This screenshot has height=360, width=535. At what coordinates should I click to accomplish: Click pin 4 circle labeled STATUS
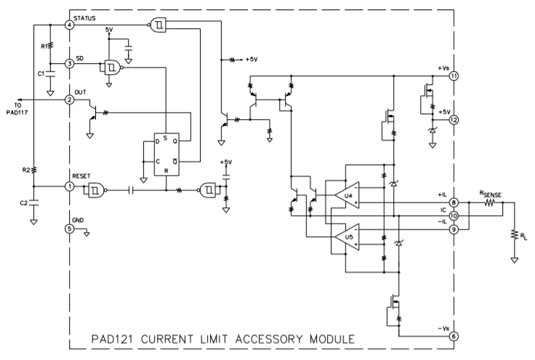click(x=69, y=25)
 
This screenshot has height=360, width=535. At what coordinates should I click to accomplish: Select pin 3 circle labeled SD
click(x=69, y=63)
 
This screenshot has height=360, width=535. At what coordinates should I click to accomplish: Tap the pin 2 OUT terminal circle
click(x=69, y=100)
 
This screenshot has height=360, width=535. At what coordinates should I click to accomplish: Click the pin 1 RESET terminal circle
click(x=69, y=186)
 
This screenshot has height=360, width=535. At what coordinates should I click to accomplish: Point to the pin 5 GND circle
click(x=69, y=228)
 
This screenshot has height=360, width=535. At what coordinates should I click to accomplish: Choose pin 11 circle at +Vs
click(x=454, y=76)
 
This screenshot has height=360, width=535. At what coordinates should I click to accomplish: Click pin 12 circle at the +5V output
click(x=454, y=120)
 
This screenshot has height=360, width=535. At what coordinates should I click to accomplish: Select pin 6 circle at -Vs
click(x=454, y=336)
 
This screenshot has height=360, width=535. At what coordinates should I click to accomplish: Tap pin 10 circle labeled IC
click(x=454, y=216)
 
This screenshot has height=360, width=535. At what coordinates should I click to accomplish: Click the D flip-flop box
click(x=166, y=154)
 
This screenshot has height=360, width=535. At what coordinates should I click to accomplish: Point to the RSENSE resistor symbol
click(x=490, y=203)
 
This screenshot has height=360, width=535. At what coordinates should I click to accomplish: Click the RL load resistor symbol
click(x=514, y=234)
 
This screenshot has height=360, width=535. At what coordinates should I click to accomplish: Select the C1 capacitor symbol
click(x=50, y=74)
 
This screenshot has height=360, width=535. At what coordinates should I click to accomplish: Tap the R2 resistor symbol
click(x=33, y=169)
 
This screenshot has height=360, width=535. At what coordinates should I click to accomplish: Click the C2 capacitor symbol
click(x=33, y=203)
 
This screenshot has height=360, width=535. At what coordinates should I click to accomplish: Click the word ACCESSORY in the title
click(x=269, y=339)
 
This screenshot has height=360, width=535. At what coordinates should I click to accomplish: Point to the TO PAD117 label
click(x=17, y=108)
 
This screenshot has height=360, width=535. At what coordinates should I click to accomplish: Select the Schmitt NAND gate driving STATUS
click(x=158, y=25)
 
